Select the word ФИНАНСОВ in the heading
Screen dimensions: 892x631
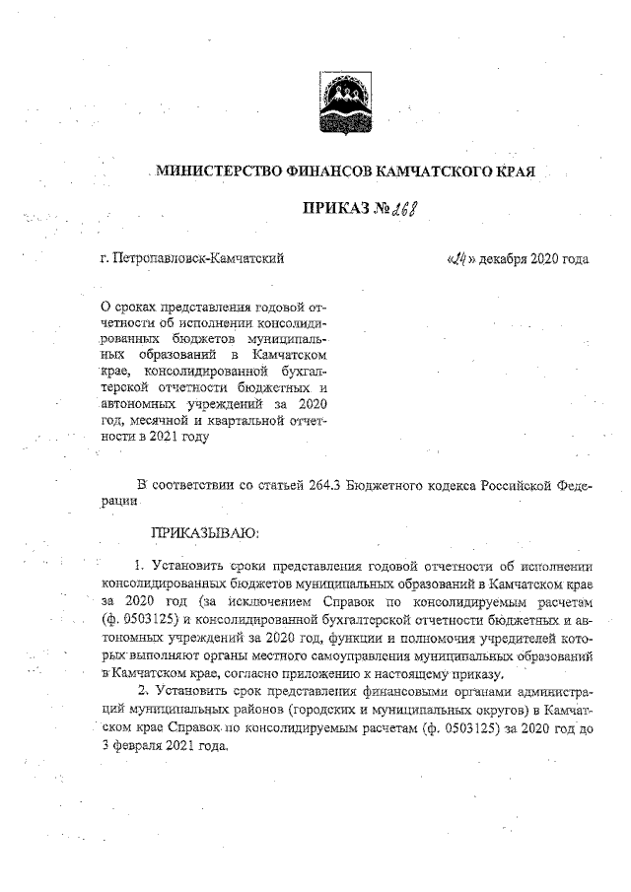click(x=341, y=172)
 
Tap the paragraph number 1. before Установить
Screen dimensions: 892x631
click(x=140, y=565)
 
